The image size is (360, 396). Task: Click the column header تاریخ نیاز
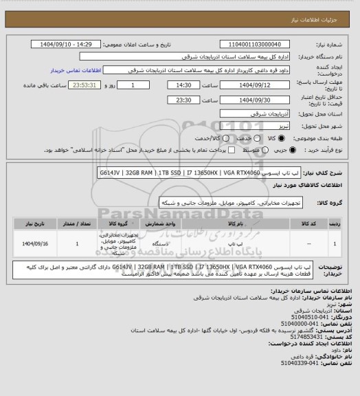pos(34,224)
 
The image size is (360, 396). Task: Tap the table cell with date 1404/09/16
pos(34,243)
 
